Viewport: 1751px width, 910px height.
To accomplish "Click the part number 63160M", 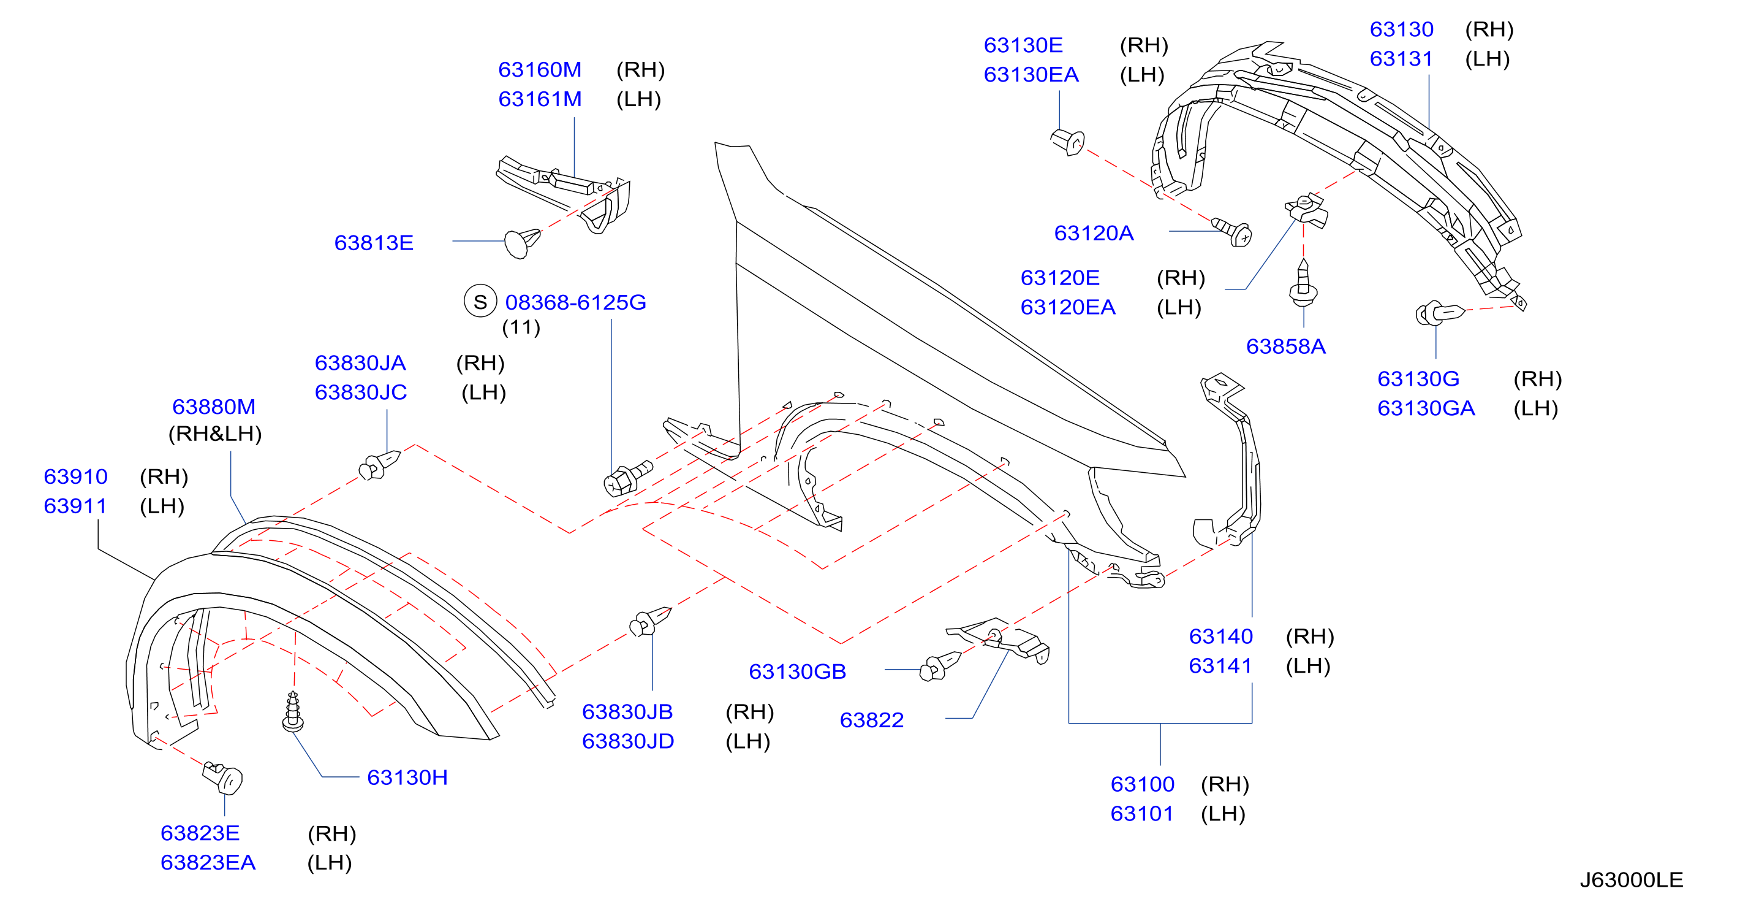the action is click(540, 69).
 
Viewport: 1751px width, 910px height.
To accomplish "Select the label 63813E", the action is click(374, 243).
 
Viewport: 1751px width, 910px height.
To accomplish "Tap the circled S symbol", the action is click(480, 301).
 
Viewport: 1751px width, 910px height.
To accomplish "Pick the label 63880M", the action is click(214, 407).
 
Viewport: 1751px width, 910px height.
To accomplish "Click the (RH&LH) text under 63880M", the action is click(215, 434).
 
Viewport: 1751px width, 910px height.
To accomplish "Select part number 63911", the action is click(75, 506).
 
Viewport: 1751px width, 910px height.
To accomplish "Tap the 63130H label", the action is click(407, 778).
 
